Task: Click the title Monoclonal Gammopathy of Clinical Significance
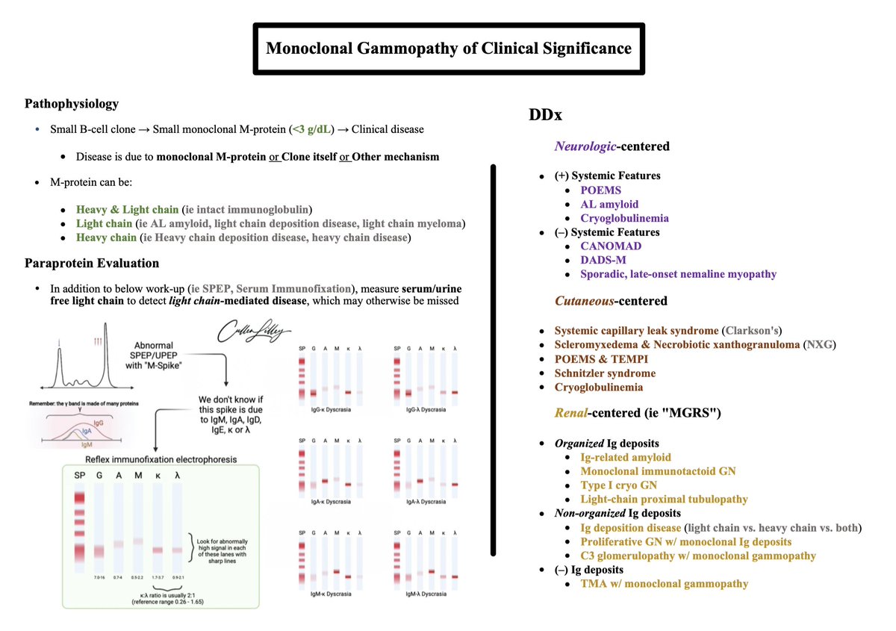[x=449, y=49]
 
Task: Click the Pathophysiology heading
[x=72, y=104]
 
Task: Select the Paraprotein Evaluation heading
[x=91, y=263]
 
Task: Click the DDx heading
[x=546, y=116]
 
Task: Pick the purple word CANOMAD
[x=611, y=246]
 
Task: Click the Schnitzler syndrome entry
[x=605, y=373]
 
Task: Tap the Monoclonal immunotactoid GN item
[x=658, y=471]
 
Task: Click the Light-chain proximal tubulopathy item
[x=664, y=499]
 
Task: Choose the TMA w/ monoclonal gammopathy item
[x=664, y=584]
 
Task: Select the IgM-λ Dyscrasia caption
[x=426, y=594]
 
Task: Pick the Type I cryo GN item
[x=619, y=485]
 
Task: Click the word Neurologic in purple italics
[x=585, y=146]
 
